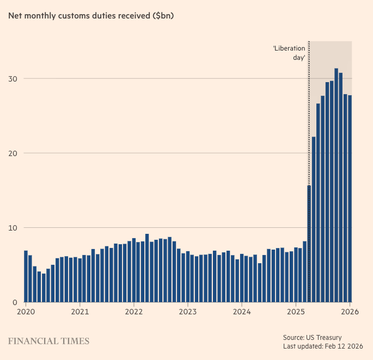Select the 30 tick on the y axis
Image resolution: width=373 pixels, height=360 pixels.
pos(13,79)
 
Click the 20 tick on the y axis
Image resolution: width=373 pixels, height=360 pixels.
pos(13,153)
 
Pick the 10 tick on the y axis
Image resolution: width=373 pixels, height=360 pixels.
pos(13,228)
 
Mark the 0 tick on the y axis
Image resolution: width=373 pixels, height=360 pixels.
pos(15,302)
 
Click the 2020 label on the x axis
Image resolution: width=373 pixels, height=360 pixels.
pos(25,313)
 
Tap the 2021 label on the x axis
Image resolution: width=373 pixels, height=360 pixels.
pos(80,313)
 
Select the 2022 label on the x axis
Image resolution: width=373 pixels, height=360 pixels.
pos(133,313)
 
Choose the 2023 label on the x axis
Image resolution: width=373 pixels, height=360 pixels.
pos(187,313)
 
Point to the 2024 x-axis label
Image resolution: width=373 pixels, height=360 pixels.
pos(241,313)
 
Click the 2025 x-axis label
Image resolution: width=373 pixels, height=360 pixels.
pos(296,313)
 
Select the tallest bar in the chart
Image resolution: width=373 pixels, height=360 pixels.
pos(336,185)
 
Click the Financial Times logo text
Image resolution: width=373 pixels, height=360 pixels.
pos(48,342)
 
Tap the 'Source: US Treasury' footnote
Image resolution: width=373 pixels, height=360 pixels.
pos(313,337)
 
